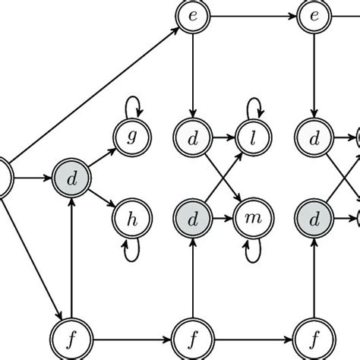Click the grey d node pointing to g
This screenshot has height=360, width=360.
tap(70, 179)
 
